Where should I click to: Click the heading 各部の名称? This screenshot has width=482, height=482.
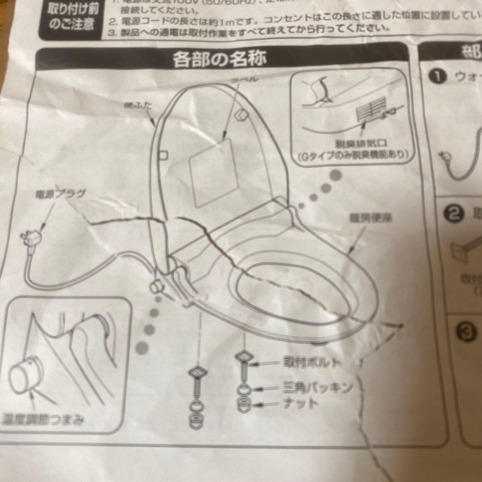(220, 58)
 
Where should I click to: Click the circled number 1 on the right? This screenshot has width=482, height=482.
(438, 77)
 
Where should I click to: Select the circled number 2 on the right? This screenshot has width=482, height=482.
(453, 215)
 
